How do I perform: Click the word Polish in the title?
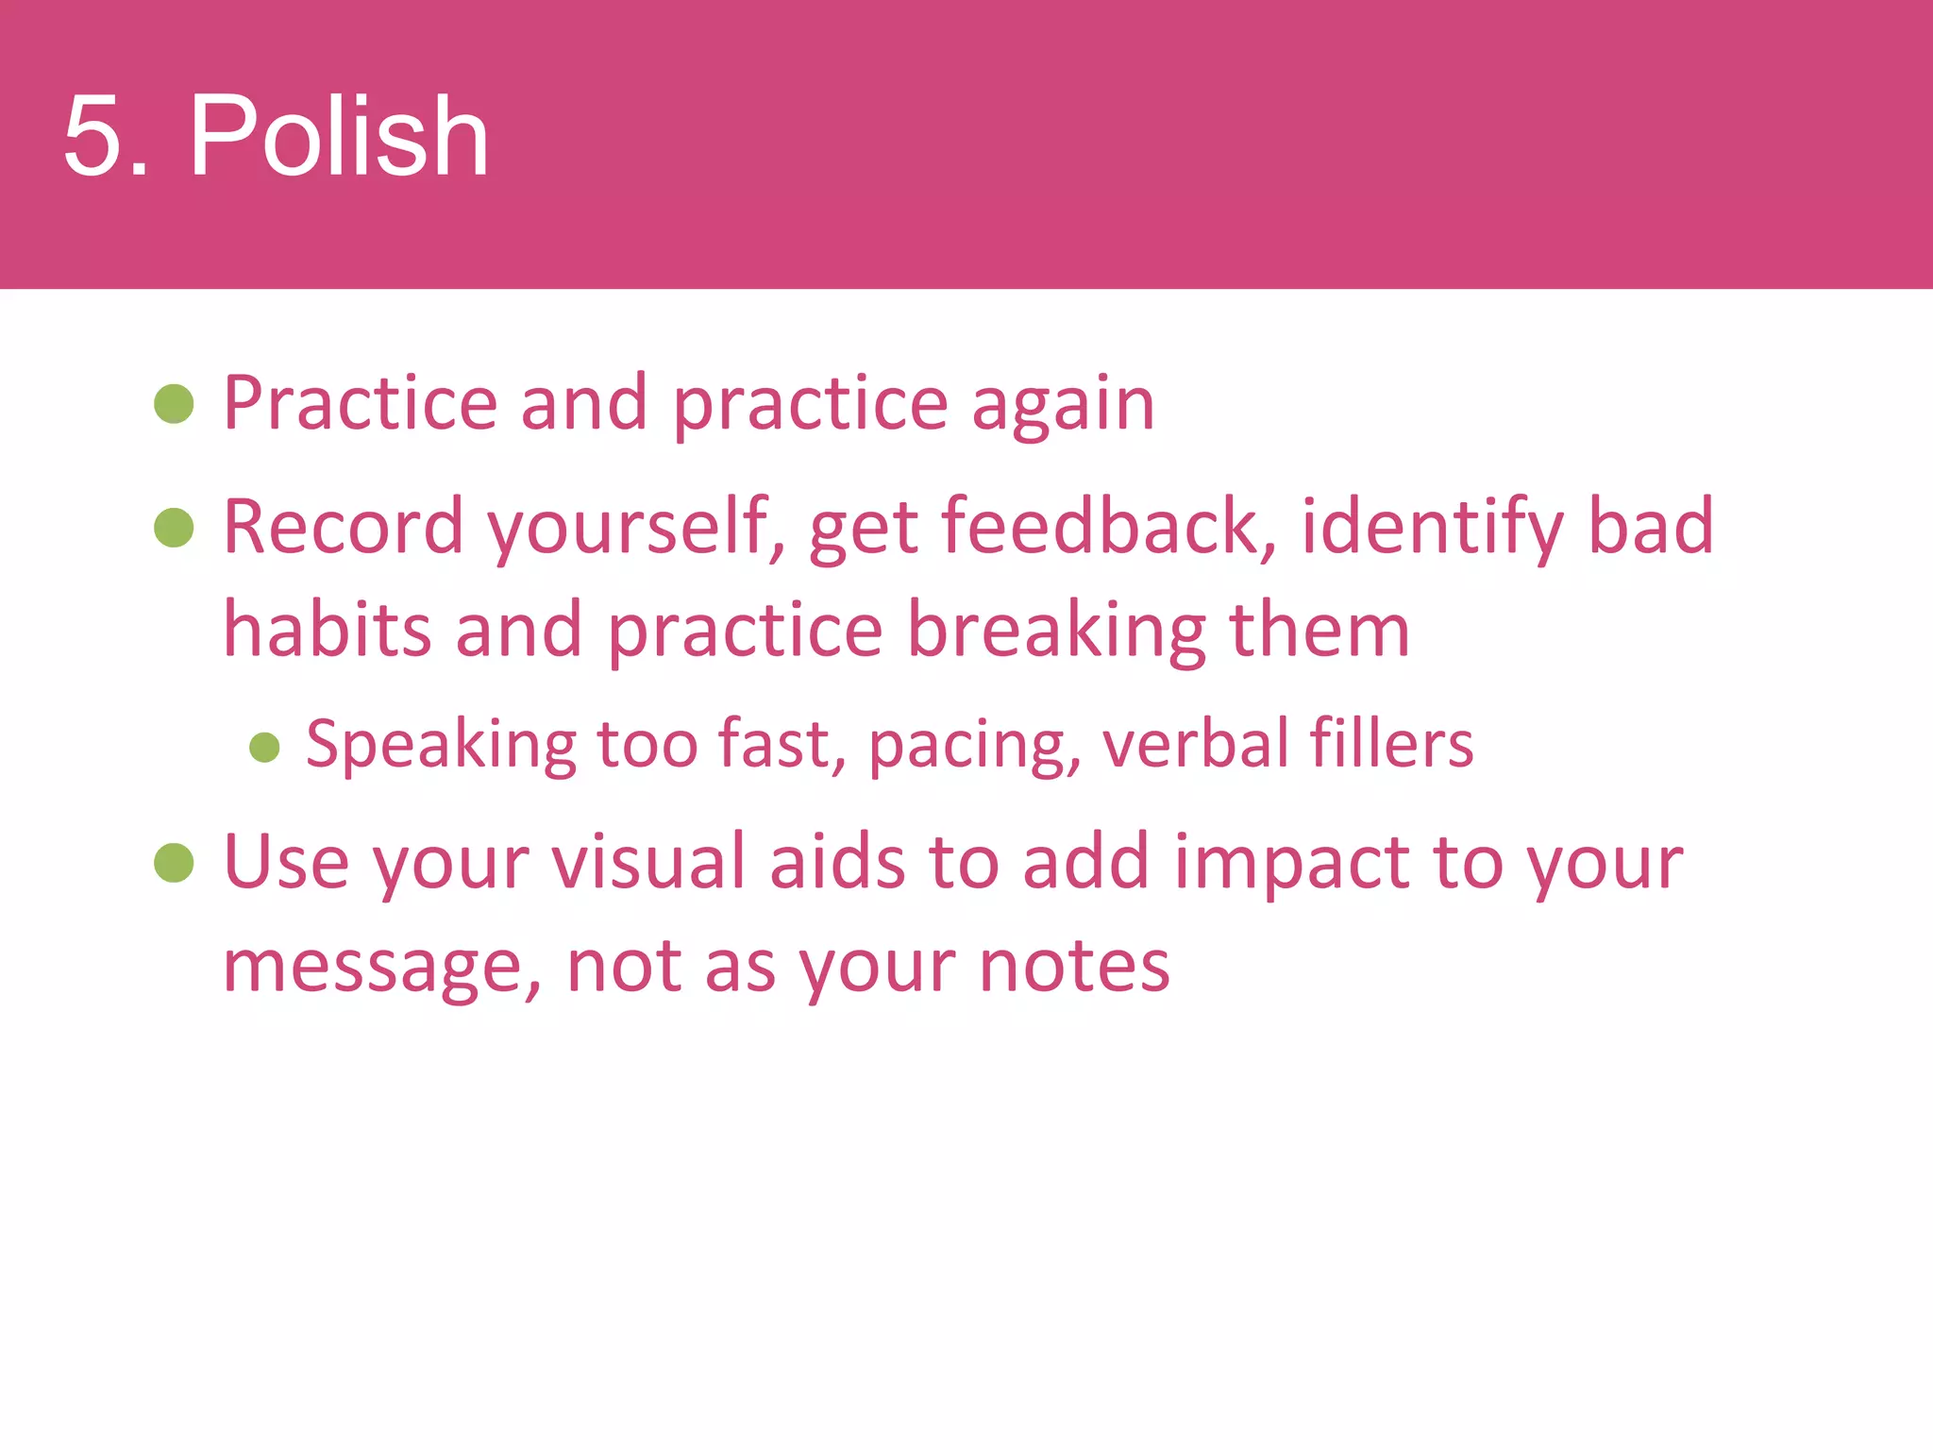pyautogui.click(x=339, y=136)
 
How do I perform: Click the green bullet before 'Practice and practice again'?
pyautogui.click(x=174, y=404)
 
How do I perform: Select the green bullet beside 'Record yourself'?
pyautogui.click(x=174, y=528)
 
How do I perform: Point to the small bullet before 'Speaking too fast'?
pyautogui.click(x=264, y=748)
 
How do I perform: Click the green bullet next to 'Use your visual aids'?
pyautogui.click(x=174, y=863)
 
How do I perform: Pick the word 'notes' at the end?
pyautogui.click(x=1074, y=967)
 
